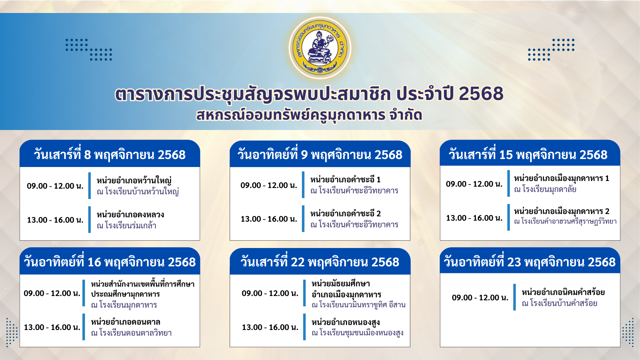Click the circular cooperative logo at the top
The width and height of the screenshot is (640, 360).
pyautogui.click(x=320, y=48)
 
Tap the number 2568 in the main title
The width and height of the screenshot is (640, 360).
pyautogui.click(x=481, y=94)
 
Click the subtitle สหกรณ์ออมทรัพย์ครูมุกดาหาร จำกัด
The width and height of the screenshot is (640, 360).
pyautogui.click(x=309, y=115)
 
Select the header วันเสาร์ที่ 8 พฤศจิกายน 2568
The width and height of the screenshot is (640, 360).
pyautogui.click(x=110, y=154)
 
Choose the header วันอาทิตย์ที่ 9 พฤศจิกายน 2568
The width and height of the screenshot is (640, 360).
pyautogui.click(x=320, y=154)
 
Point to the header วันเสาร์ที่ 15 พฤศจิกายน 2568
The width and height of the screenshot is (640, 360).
pyautogui.click(x=528, y=154)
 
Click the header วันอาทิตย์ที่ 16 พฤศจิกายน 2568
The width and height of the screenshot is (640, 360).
pyautogui.click(x=110, y=262)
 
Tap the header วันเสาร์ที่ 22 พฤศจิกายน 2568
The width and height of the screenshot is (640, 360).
pyautogui.click(x=320, y=262)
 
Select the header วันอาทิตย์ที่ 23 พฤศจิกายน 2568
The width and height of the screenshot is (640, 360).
pyautogui.click(x=529, y=262)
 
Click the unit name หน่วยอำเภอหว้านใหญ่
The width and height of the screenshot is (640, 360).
pyautogui.click(x=134, y=180)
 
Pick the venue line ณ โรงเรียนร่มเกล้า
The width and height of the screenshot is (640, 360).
pyautogui.click(x=127, y=225)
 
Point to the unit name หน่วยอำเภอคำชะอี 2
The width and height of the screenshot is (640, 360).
pyautogui.click(x=345, y=213)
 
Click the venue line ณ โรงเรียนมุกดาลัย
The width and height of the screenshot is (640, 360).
pyautogui.click(x=545, y=189)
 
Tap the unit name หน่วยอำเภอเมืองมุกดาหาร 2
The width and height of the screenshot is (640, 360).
pyautogui.click(x=562, y=211)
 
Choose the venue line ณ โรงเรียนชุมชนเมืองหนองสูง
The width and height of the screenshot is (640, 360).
pyautogui.click(x=357, y=333)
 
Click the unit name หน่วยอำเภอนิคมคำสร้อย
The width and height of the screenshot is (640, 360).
pyautogui.click(x=563, y=292)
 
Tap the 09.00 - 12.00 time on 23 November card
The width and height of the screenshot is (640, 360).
pyautogui.click(x=480, y=298)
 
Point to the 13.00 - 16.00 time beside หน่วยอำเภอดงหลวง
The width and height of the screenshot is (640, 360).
pyautogui.click(x=55, y=220)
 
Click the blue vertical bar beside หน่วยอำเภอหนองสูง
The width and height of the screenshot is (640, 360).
pyautogui.click(x=304, y=327)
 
